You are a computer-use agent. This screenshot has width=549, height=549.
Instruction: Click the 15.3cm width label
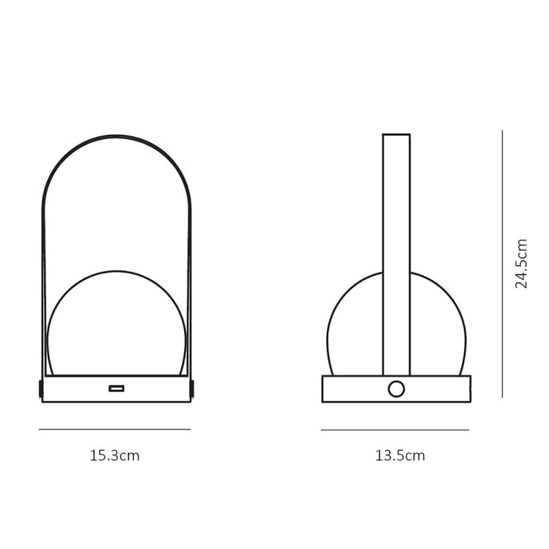115,455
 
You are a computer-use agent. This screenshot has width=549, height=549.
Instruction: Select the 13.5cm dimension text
400,455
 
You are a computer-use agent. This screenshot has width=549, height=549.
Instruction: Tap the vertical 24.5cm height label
522,264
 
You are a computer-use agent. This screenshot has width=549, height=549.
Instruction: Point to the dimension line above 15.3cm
115,430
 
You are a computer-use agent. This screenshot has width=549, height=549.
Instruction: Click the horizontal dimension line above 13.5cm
395,430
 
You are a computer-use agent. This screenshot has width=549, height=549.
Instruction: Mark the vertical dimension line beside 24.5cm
503,264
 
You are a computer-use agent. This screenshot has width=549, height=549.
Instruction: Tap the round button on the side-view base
396,389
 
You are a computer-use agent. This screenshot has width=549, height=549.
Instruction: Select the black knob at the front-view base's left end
41,388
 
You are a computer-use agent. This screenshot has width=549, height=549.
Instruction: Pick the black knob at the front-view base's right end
193,388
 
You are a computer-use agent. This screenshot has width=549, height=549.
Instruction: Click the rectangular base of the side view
350,389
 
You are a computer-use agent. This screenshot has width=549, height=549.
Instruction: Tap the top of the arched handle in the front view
117,137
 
